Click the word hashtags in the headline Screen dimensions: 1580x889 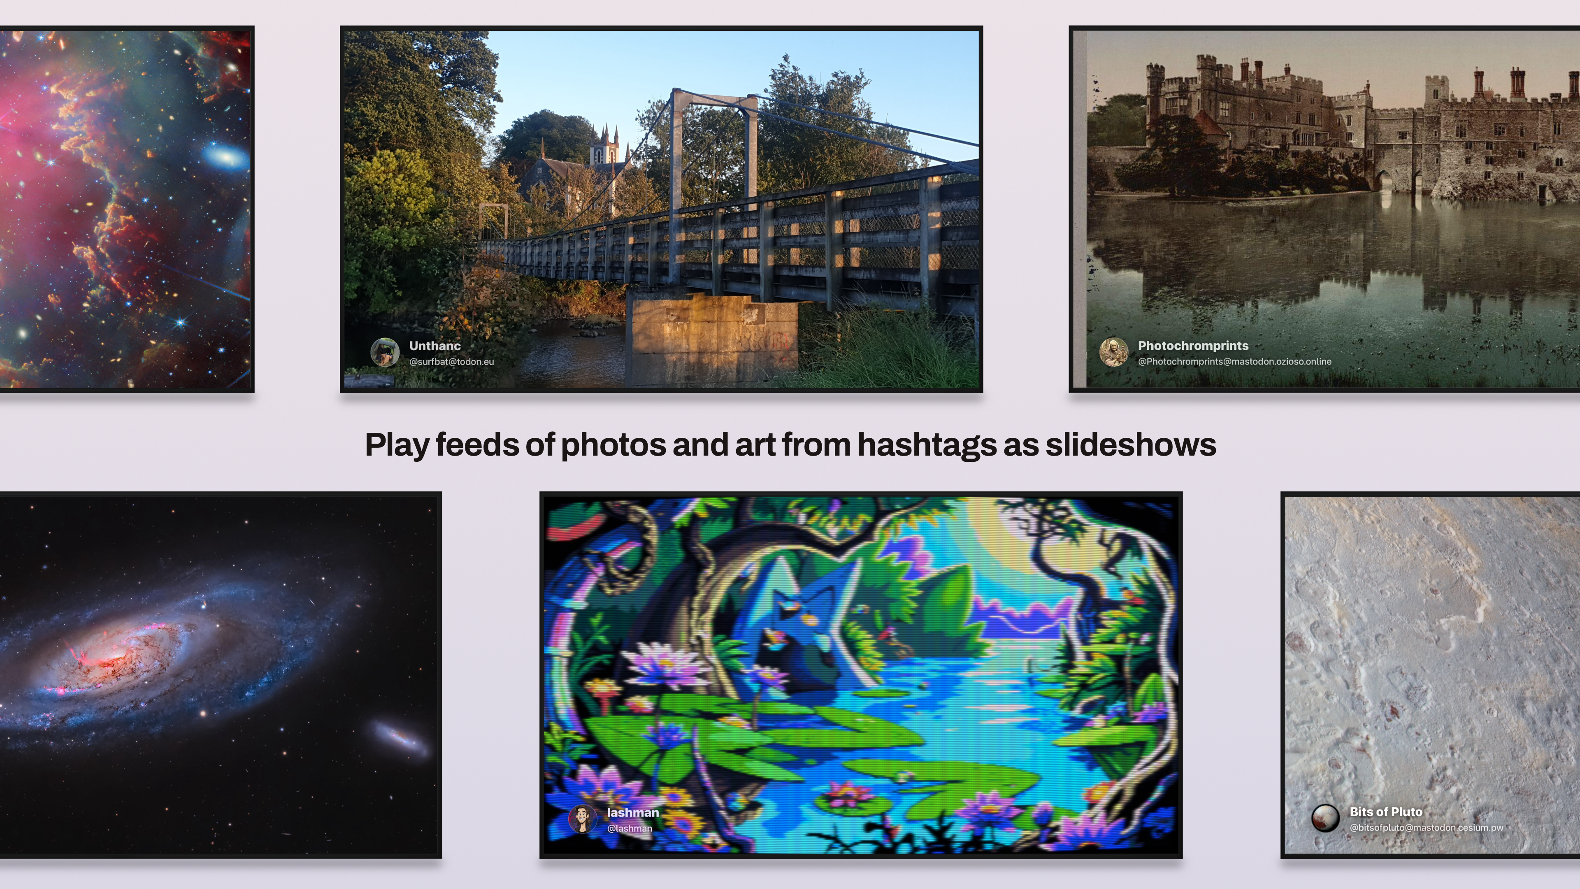(927, 445)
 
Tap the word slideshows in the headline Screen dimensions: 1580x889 (1130, 445)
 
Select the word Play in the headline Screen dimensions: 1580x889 (396, 445)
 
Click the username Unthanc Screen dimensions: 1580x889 (435, 346)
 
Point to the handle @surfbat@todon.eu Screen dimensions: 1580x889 (451, 362)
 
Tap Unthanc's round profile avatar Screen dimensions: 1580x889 (385, 352)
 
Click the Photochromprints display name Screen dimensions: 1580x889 (1193, 346)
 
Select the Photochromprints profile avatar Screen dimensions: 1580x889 (1114, 352)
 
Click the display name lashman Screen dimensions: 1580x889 (633, 813)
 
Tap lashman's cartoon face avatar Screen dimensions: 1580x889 (583, 819)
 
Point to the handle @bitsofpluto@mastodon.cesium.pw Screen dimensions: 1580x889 (1427, 828)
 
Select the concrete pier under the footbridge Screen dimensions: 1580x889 (711, 337)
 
